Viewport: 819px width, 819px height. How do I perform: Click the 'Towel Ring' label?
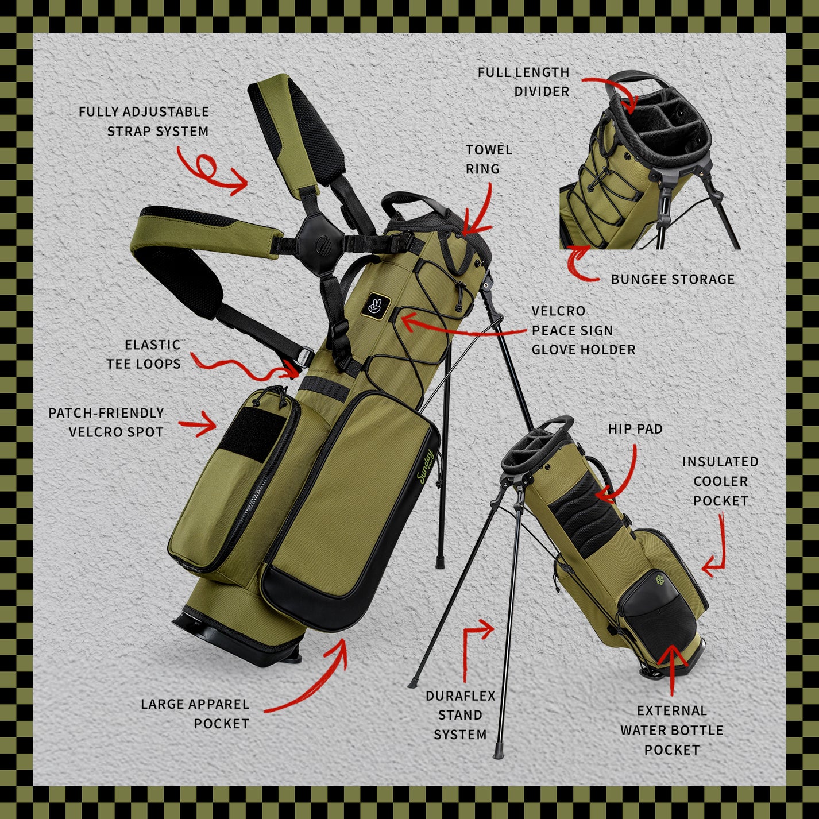pyautogui.click(x=488, y=159)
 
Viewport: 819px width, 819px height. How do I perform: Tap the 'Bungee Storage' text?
pyautogui.click(x=672, y=280)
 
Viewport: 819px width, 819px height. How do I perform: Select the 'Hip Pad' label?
pyautogui.click(x=635, y=429)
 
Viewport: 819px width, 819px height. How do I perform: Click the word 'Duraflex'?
pyautogui.click(x=460, y=696)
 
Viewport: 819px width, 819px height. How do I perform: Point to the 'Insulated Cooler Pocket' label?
pyautogui.click(x=720, y=481)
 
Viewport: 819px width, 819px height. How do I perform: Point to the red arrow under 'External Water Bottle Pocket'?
pyautogui.click(x=672, y=669)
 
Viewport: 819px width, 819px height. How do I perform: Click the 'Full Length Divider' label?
pyautogui.click(x=523, y=82)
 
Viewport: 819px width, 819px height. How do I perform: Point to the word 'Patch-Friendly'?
pyautogui.click(x=106, y=413)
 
